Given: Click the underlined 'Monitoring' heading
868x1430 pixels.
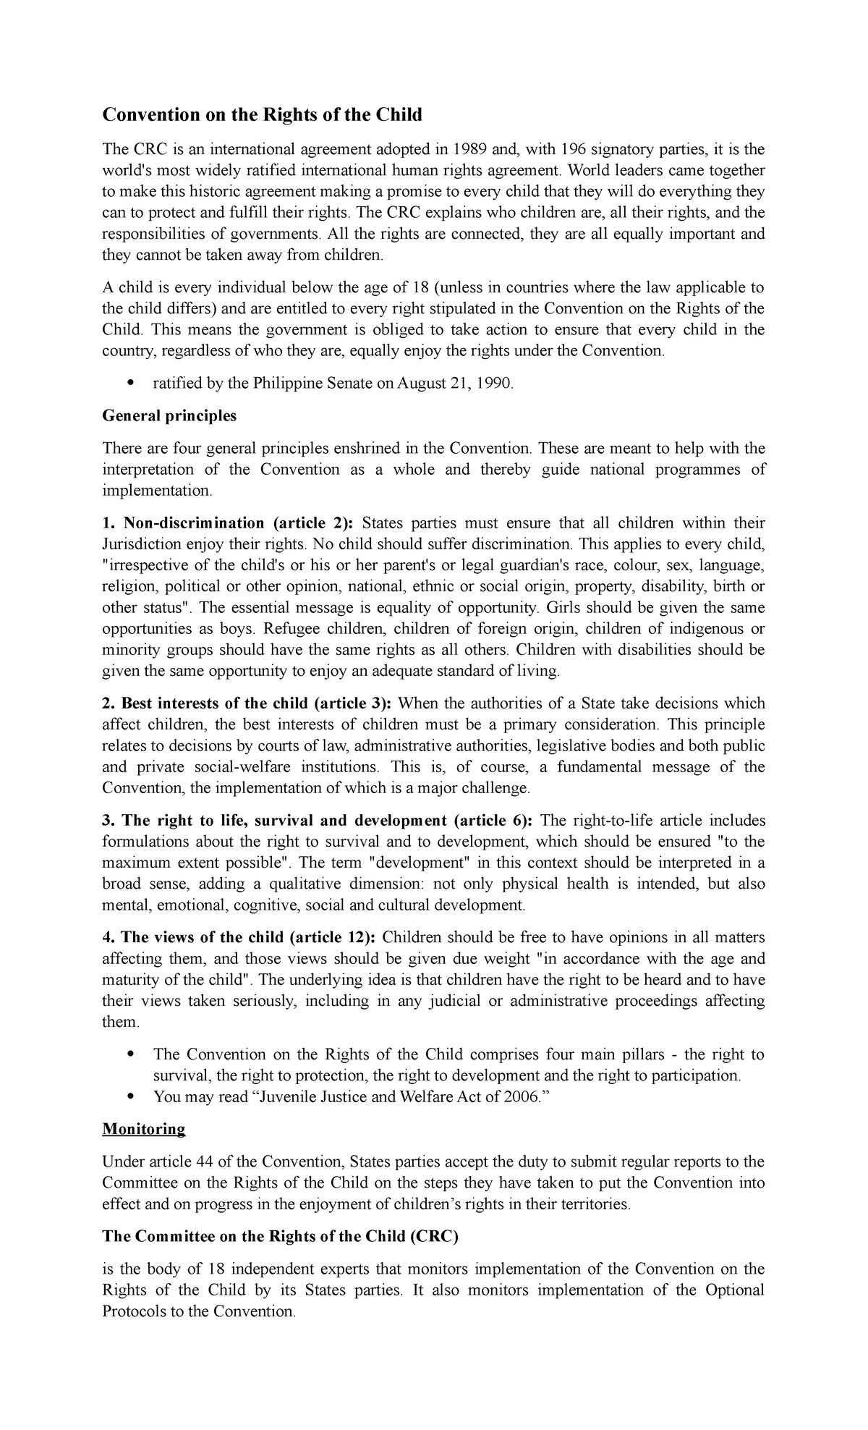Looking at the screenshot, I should coord(144,1129).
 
